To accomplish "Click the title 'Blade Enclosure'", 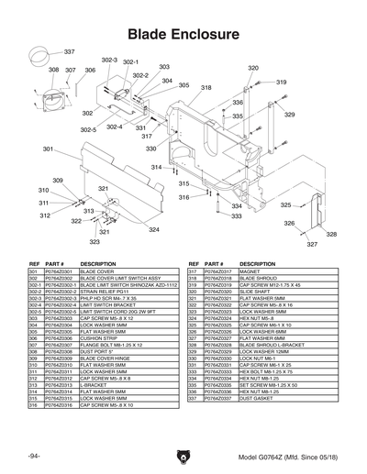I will (x=183, y=34).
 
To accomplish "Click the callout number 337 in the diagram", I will (x=69, y=51).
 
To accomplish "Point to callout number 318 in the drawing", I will (x=206, y=88).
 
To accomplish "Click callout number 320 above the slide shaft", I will (x=253, y=68).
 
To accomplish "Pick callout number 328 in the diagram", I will (x=331, y=235).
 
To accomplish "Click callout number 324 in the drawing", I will (x=154, y=230).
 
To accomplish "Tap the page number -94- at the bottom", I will (x=34, y=456).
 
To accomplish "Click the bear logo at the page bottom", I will (x=183, y=453).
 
